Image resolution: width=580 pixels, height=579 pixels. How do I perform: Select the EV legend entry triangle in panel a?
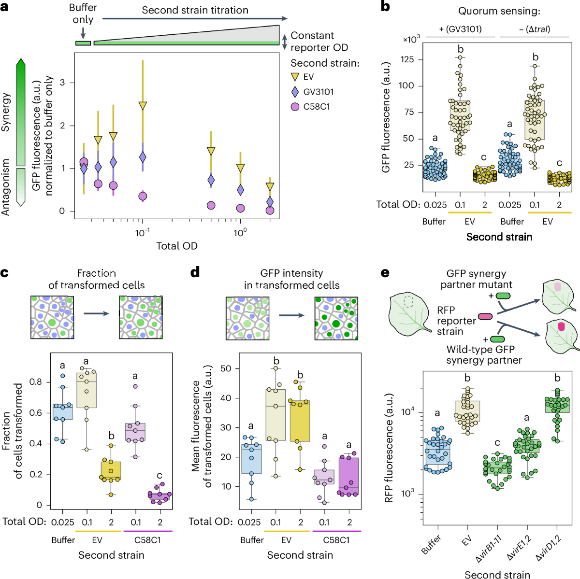coord(295,77)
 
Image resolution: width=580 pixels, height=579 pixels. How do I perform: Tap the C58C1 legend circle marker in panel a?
coord(295,107)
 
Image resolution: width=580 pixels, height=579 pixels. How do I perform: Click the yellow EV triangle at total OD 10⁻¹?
coord(143,105)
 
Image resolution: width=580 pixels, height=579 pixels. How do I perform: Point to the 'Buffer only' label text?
coord(83,14)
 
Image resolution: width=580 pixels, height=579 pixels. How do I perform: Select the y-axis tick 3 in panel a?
coord(62,83)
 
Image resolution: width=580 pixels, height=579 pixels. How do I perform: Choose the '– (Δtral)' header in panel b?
coord(535,29)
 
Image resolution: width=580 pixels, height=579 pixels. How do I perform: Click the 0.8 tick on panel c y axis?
coord(36,382)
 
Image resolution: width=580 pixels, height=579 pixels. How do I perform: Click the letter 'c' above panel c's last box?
coord(159,476)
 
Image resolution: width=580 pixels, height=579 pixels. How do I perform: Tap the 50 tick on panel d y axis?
coord(226,368)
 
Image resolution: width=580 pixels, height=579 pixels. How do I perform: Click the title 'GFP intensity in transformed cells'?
coord(291,279)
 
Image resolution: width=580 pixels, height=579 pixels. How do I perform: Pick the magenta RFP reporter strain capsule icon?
coord(485,317)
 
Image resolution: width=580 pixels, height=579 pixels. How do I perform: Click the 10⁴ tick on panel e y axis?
coord(407,411)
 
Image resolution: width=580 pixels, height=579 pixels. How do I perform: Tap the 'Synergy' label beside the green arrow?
coord(6,112)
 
